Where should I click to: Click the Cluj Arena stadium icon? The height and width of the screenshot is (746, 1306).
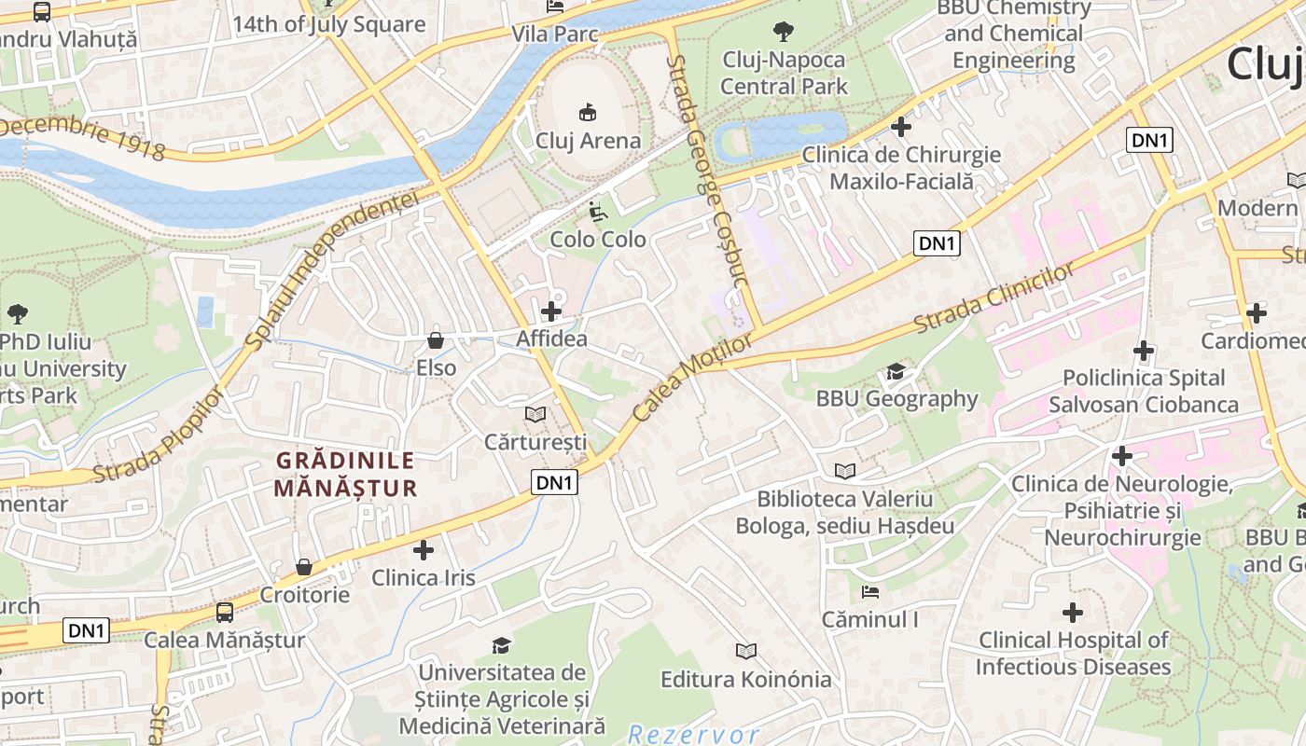click(587, 113)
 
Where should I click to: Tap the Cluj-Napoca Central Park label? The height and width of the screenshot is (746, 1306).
click(784, 73)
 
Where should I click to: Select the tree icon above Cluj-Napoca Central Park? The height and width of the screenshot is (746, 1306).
click(784, 32)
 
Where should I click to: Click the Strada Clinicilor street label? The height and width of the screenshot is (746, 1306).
click(994, 298)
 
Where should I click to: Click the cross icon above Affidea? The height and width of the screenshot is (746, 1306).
click(551, 311)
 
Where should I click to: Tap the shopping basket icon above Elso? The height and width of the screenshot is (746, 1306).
click(435, 340)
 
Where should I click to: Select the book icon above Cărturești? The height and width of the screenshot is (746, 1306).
click(535, 413)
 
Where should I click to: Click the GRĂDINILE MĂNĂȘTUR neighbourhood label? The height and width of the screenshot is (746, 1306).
click(345, 474)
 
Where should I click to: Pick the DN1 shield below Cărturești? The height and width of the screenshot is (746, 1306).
click(555, 482)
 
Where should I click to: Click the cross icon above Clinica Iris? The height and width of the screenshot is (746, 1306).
click(424, 550)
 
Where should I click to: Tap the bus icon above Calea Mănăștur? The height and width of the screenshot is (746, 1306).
click(225, 613)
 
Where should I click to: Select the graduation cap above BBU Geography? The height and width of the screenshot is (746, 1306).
click(896, 371)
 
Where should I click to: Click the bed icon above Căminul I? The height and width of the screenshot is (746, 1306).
click(869, 592)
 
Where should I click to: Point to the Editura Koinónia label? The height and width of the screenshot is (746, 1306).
click(745, 679)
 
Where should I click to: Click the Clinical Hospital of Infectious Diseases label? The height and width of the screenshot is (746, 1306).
click(1073, 653)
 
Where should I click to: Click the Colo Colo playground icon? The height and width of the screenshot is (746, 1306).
click(598, 212)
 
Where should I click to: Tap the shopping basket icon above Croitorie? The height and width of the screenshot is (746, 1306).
click(304, 567)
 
